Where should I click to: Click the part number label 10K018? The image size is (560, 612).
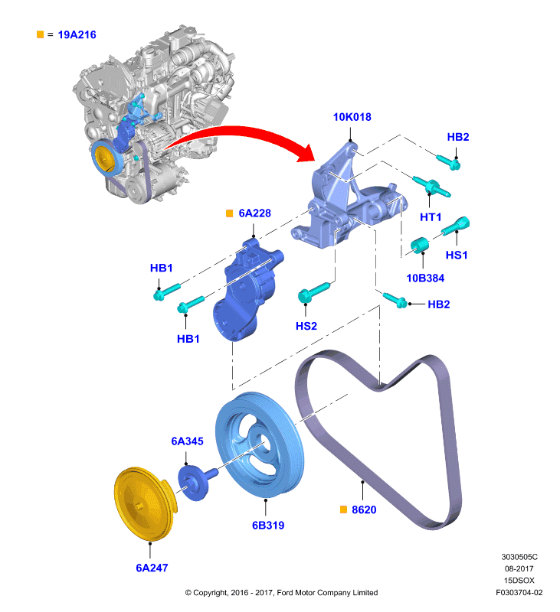pos(352,117)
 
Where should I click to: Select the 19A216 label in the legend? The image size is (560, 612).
pos(77,34)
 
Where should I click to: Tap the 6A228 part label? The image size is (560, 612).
pos(254,213)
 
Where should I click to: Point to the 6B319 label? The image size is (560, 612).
pos(268,526)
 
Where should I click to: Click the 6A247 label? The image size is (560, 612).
pos(152,568)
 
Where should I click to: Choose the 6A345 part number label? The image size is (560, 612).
pos(187,441)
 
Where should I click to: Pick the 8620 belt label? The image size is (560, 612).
pos(364,509)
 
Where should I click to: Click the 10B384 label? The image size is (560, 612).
pos(425,278)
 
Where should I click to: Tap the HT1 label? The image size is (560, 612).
pos(431,217)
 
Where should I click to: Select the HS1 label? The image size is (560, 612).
pos(457,255)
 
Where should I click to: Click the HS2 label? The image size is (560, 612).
pos(306,326)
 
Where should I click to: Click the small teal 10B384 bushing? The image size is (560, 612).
pos(420,245)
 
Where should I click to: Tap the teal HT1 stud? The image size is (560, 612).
pos(431,187)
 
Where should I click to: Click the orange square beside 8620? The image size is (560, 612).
pos(343,509)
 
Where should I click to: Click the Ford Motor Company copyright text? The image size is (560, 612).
pos(281,592)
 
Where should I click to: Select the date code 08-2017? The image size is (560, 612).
pos(519,568)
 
